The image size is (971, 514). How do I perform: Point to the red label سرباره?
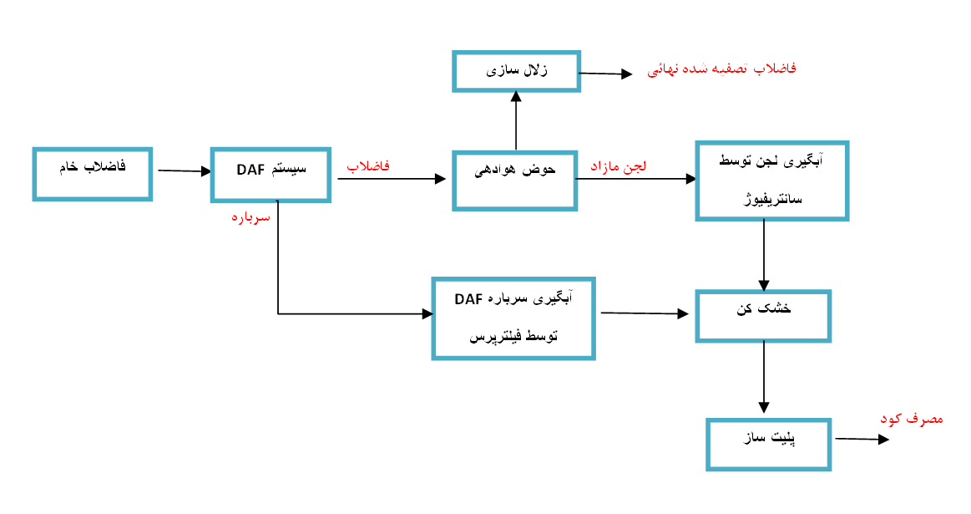[x=250, y=217]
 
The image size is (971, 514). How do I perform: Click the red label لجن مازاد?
[x=618, y=166]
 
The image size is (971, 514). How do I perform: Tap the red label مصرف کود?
[x=912, y=419]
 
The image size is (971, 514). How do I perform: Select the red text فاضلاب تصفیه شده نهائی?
[x=721, y=69]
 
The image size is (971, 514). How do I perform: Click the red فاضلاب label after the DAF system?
[x=368, y=166]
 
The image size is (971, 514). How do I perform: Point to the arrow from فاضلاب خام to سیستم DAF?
[x=185, y=170]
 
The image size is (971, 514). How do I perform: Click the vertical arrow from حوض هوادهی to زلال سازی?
[x=516, y=121]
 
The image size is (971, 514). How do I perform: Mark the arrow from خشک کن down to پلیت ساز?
[x=764, y=377]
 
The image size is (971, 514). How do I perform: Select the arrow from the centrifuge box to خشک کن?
[x=764, y=256]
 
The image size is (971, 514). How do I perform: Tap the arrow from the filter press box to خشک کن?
[x=645, y=313]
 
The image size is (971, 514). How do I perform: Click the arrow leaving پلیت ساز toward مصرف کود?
[x=862, y=439]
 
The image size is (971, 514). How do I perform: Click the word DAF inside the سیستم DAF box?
[x=250, y=170]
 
